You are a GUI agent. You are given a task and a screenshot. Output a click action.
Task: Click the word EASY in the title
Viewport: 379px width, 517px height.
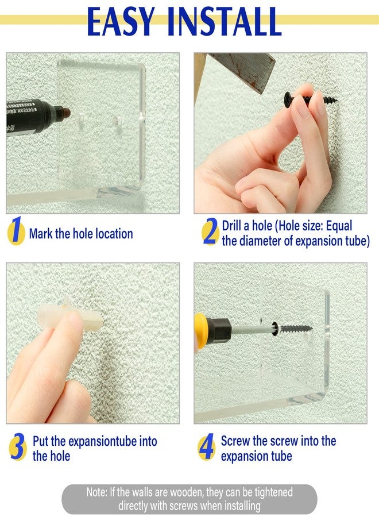click(x=121, y=22)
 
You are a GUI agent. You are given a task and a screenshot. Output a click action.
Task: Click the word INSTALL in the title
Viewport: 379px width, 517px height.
click(x=224, y=22)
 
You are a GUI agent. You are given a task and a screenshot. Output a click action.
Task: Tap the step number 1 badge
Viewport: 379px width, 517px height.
click(x=16, y=231)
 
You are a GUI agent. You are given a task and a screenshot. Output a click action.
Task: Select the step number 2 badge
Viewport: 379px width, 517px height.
click(x=211, y=232)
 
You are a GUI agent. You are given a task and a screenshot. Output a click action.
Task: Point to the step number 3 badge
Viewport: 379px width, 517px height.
click(x=17, y=446)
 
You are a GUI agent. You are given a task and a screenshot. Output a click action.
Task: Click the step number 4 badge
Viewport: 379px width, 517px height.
click(x=207, y=447)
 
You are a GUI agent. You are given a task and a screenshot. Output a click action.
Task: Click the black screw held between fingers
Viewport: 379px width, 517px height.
click(x=310, y=98)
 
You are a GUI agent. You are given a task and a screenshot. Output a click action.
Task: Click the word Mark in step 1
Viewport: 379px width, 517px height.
click(x=41, y=233)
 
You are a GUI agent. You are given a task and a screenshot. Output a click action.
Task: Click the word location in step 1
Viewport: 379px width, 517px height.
click(x=114, y=233)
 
